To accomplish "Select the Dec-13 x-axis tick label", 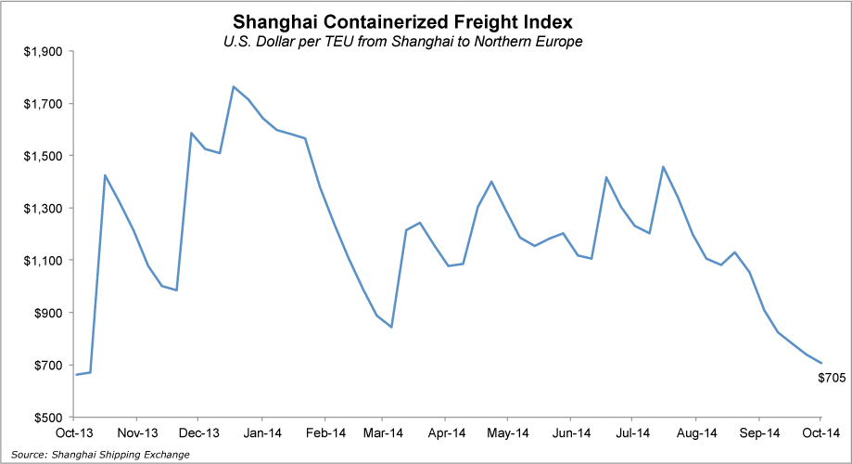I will click(198, 432).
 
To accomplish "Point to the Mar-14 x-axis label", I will click(383, 432).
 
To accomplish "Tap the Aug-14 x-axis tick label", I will click(696, 432).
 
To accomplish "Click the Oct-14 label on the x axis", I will click(820, 432).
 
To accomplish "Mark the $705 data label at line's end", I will click(831, 378).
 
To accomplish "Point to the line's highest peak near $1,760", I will click(234, 86).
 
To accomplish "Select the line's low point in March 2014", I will click(391, 327).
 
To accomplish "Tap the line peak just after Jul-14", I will click(663, 167).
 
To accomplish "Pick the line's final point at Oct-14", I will click(821, 363).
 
